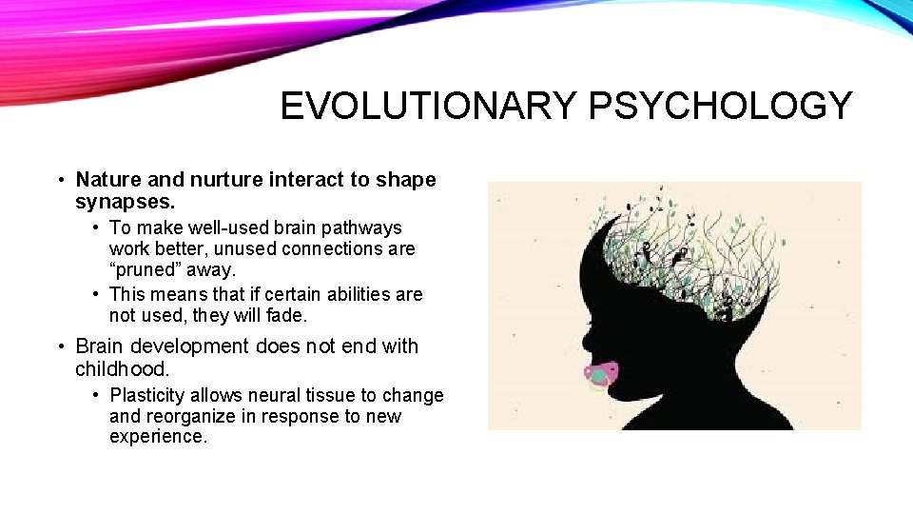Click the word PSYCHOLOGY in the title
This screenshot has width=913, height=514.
tap(721, 106)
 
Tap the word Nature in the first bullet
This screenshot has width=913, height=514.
tap(107, 180)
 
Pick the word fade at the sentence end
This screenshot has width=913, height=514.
tap(283, 315)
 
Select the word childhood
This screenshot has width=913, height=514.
tap(122, 368)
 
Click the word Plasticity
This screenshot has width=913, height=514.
tap(149, 395)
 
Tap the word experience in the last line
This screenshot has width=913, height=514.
tap(157, 437)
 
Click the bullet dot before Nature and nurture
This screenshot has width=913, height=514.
tap(60, 180)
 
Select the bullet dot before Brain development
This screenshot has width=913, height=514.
tap(60, 346)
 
